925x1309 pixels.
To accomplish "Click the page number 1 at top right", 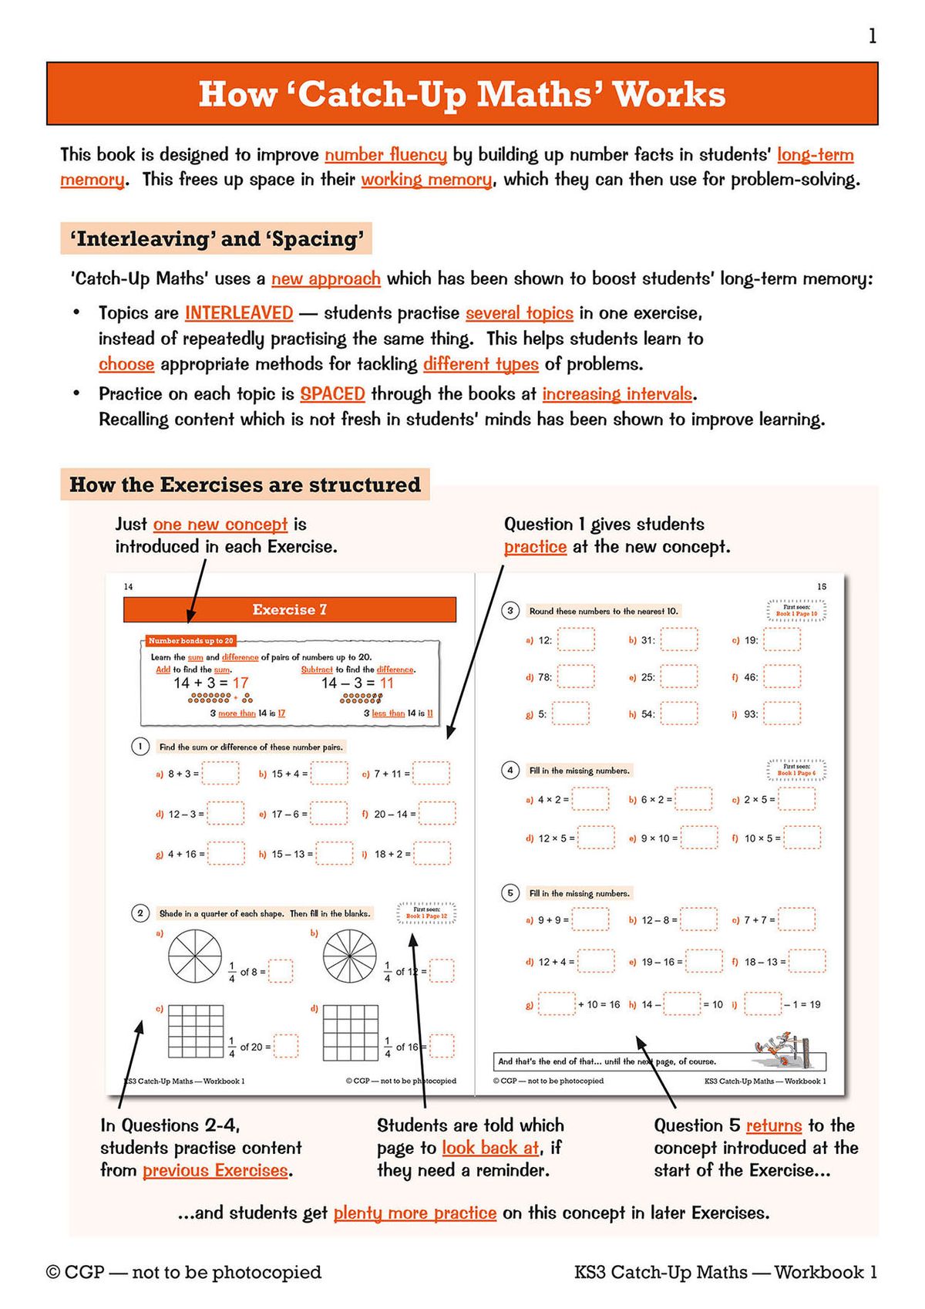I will [x=872, y=36].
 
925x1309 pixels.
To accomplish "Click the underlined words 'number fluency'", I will [x=385, y=154].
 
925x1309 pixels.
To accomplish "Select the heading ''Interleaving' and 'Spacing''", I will [x=217, y=238].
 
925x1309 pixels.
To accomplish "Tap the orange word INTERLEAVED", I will [x=239, y=313].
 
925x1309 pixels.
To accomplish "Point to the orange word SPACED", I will [x=332, y=394].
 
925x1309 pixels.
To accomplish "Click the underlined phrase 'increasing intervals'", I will [x=617, y=394].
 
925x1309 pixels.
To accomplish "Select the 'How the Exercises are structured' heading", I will [x=245, y=484].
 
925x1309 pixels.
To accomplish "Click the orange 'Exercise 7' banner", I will [x=289, y=609].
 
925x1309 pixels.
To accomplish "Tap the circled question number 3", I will [x=510, y=611].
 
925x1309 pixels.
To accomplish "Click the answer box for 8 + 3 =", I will [x=220, y=773].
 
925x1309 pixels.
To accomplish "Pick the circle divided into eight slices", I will [x=195, y=957].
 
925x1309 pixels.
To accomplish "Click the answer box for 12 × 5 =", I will [x=596, y=838].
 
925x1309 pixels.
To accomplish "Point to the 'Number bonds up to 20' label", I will [x=190, y=640].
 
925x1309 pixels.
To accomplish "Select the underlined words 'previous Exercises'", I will [x=215, y=1170].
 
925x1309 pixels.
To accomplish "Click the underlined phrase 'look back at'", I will [x=490, y=1148].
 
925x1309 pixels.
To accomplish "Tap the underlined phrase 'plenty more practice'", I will [x=415, y=1213].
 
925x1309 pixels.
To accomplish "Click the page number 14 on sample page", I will [x=128, y=586].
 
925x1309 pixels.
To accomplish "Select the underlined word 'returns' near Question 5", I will [x=774, y=1125].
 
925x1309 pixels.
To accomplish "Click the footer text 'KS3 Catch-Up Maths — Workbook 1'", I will [x=725, y=1272].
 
